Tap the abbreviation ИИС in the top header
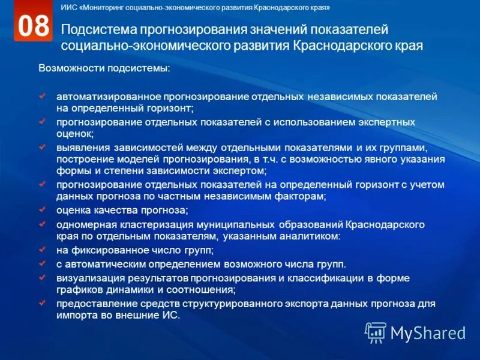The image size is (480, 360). (68, 8)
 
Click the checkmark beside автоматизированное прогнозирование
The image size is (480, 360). (42, 95)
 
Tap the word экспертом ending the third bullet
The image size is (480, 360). (240, 170)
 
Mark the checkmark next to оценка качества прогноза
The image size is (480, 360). (42, 209)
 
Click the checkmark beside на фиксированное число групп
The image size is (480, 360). (42, 248)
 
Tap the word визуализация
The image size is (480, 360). (88, 278)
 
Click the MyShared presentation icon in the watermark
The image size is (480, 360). (376, 332)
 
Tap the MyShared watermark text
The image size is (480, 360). (428, 332)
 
